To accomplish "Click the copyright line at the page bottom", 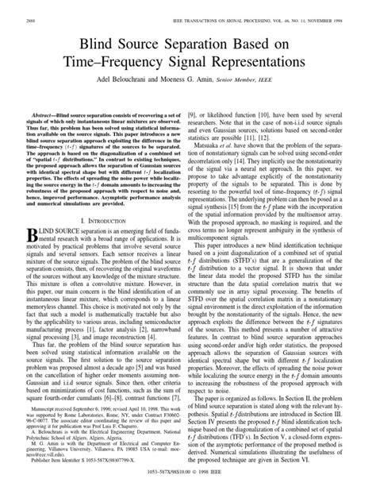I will pos(188,491).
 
